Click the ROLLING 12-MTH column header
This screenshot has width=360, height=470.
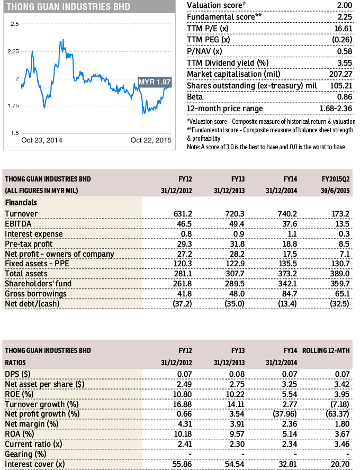[x=328, y=350]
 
